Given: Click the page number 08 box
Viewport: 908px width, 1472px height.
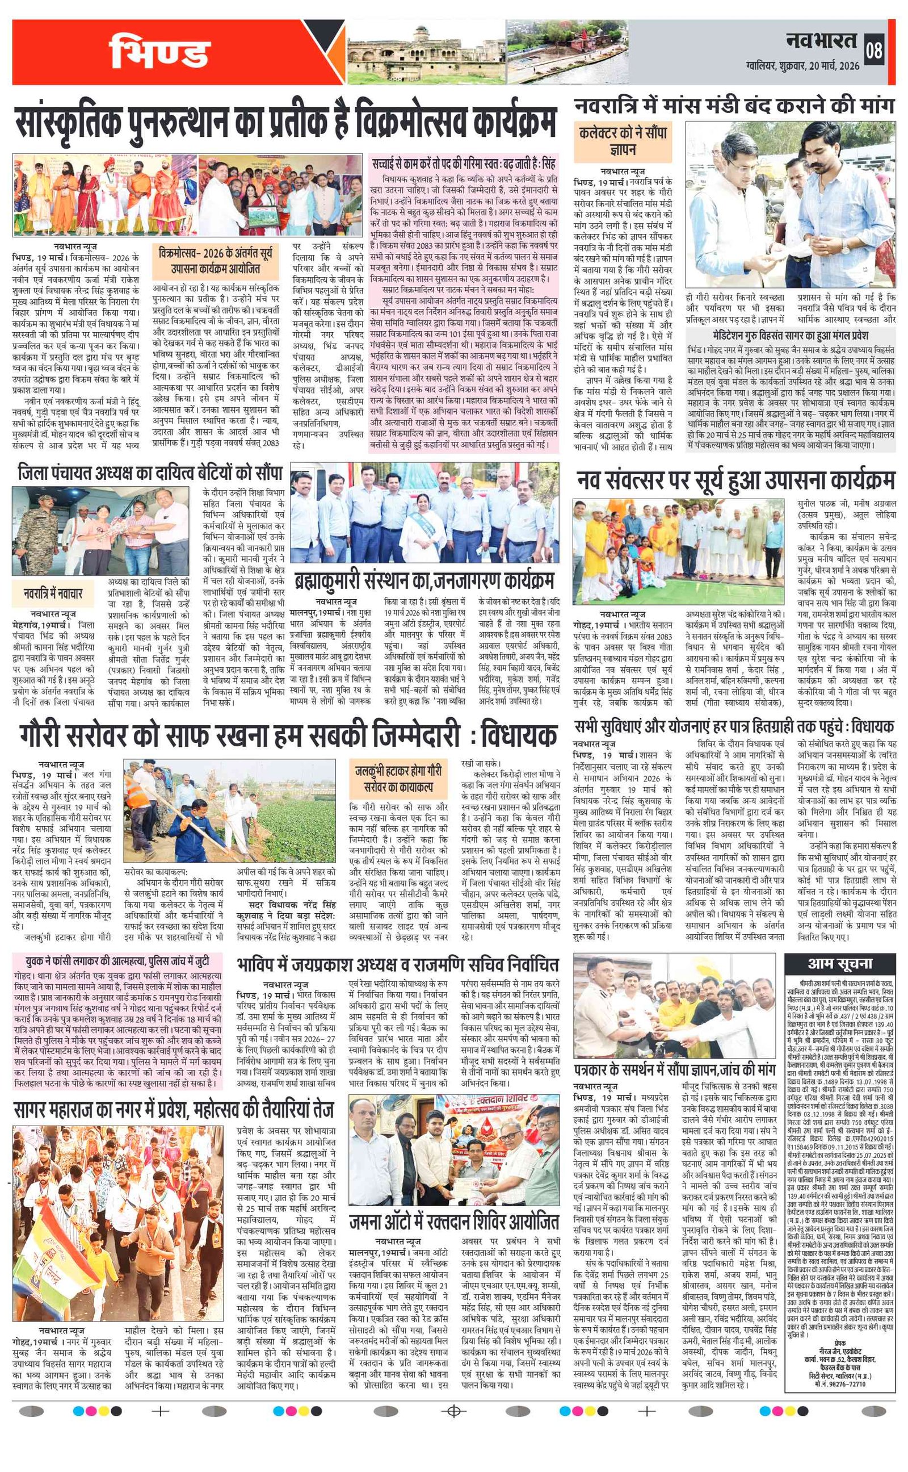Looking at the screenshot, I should pyautogui.click(x=874, y=50).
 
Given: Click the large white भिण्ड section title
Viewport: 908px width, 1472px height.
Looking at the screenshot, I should pyautogui.click(x=159, y=52).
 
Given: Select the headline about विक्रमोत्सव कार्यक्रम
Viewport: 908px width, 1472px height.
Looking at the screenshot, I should pyautogui.click(x=286, y=123).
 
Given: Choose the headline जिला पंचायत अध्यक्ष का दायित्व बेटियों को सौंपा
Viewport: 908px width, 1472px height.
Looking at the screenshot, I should pyautogui.click(x=150, y=473).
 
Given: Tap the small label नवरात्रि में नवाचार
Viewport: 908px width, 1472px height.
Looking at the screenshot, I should pyautogui.click(x=53, y=593).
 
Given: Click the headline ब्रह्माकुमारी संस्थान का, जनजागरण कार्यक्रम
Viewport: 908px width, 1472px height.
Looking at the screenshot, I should pyautogui.click(x=424, y=580).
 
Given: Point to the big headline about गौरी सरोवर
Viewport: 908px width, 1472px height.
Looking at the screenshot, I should pyautogui.click(x=288, y=736).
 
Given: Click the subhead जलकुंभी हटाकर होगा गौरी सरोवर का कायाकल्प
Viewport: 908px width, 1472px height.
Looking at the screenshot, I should pyautogui.click(x=398, y=778).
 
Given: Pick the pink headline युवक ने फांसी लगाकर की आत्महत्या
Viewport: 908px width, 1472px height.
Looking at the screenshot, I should pyautogui.click(x=117, y=961).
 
